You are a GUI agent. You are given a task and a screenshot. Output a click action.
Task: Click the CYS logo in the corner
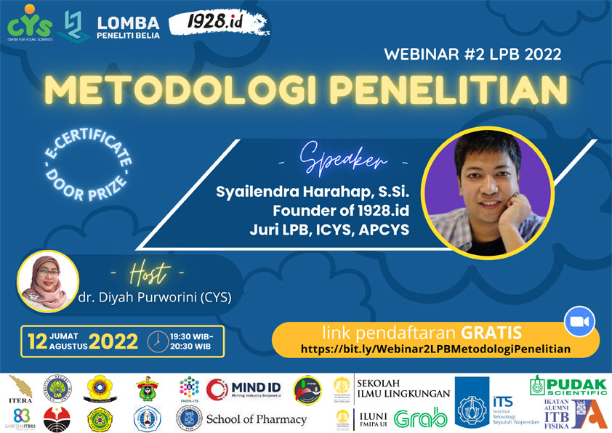point(30,24)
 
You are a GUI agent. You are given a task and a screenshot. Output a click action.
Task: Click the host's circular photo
point(45,278)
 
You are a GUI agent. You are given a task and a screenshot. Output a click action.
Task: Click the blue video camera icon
point(579,320)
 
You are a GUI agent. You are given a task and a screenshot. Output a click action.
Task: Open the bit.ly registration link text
point(436,349)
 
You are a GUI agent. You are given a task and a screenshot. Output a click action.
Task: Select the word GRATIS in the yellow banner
point(492,333)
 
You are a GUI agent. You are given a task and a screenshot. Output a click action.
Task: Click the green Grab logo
point(420,418)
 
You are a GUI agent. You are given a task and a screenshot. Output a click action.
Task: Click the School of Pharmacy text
point(257,419)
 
